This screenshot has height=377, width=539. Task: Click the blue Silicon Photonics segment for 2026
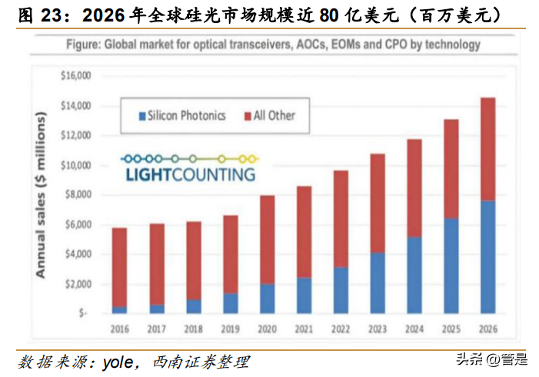(487, 256)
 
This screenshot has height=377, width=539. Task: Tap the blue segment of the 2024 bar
(414, 275)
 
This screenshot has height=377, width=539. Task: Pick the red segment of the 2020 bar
(266, 240)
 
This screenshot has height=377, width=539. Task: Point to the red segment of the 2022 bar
(340, 219)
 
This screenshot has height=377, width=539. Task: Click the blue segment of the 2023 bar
(377, 283)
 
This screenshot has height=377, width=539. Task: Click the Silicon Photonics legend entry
(181, 116)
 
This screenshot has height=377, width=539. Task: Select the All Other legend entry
(269, 116)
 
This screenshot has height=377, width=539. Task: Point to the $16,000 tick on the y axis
(75, 76)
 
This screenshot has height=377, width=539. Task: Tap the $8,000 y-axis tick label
(77, 195)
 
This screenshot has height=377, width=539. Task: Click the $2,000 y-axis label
(77, 284)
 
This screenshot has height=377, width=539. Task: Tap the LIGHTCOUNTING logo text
(188, 174)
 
